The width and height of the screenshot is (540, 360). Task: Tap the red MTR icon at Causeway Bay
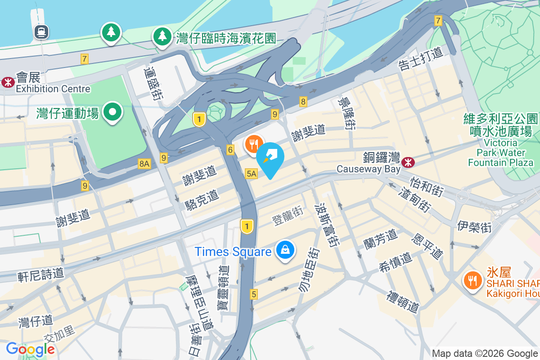click(x=409, y=161)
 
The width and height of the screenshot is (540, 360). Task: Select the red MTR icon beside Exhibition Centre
click(x=7, y=82)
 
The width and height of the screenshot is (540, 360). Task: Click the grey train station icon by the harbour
click(x=41, y=31)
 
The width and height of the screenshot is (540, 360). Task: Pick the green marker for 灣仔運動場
click(x=112, y=111)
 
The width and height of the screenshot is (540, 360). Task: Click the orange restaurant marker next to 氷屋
click(x=472, y=280)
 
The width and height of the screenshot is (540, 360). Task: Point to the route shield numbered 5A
click(x=251, y=173)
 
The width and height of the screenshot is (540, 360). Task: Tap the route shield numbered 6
click(x=230, y=150)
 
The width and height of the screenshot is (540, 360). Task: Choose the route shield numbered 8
click(x=303, y=102)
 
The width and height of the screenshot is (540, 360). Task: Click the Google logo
click(x=30, y=349)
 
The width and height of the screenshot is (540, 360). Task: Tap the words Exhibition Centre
click(x=53, y=89)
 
